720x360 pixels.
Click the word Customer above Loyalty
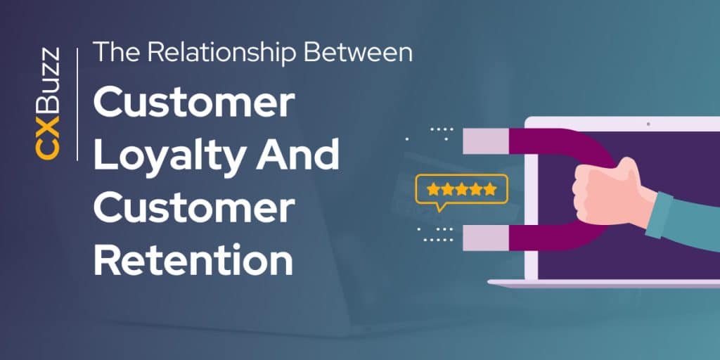(x=193, y=103)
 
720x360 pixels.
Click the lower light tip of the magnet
(x=482, y=238)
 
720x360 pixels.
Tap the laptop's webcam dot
(x=648, y=124)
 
